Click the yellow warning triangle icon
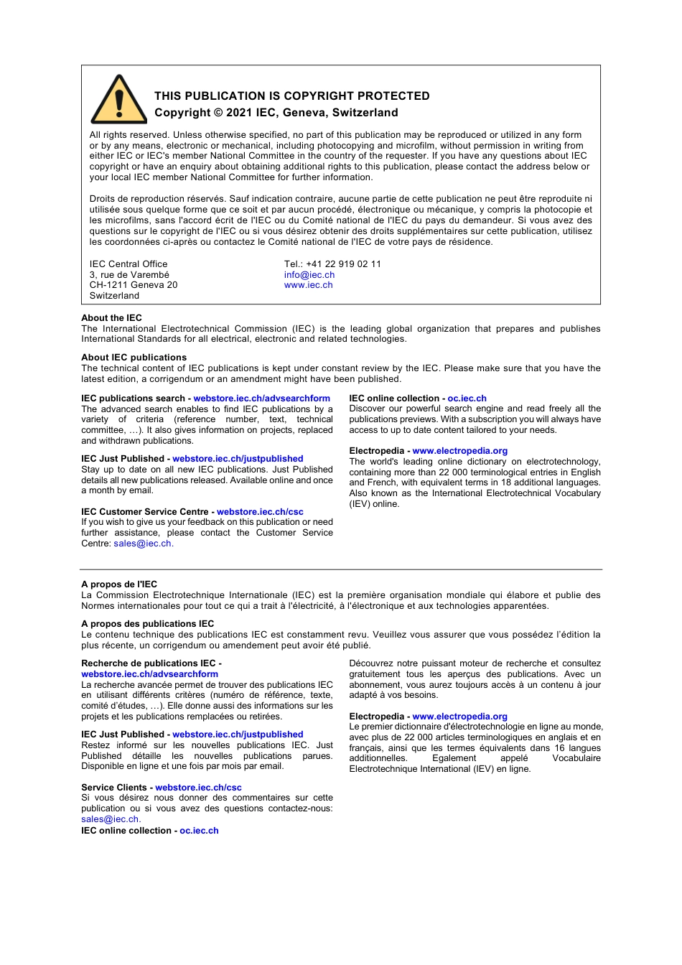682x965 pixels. [x=119, y=101]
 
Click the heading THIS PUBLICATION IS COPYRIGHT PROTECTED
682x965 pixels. [x=291, y=96]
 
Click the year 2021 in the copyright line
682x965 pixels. [x=239, y=113]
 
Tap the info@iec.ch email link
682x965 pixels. [x=309, y=275]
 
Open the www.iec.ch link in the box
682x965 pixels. [x=309, y=285]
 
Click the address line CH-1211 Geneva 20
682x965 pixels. [x=134, y=285]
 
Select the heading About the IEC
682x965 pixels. [x=111, y=318]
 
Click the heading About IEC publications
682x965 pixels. [x=134, y=358]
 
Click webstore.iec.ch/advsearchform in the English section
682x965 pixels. [x=261, y=398]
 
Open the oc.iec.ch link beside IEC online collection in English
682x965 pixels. [x=467, y=398]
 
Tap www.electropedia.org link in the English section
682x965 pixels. [x=459, y=451]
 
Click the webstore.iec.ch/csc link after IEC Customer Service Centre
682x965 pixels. [x=260, y=512]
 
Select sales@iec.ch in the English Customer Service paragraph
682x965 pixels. [x=143, y=544]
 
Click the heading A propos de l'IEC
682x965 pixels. [x=119, y=584]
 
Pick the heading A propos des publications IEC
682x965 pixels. [x=147, y=624]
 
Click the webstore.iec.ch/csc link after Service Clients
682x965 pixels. [x=198, y=788]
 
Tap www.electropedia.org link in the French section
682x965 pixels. [x=459, y=717]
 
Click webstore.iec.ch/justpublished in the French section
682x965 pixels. [x=238, y=735]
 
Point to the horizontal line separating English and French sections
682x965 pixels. [x=341, y=569]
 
